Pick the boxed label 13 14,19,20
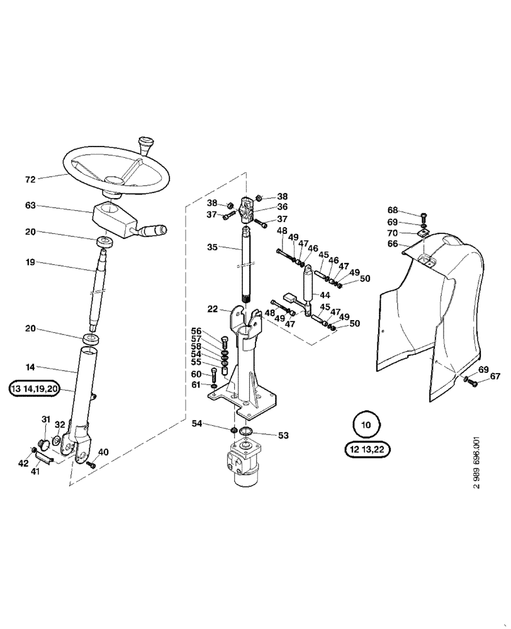[34, 389]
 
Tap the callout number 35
[213, 248]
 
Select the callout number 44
[325, 294]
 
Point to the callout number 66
[392, 243]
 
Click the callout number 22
[213, 309]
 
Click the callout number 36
[283, 206]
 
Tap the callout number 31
[45, 420]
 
